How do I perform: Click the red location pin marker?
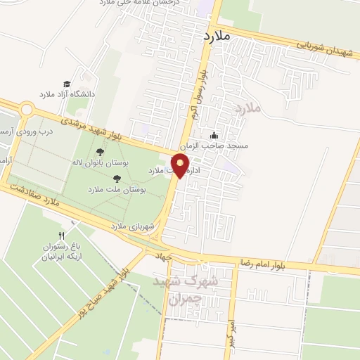coord(181,166)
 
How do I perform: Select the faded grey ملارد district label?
coord(248,108)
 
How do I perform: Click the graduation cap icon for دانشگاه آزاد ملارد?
coord(67,84)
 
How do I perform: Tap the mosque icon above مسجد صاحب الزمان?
coord(214,136)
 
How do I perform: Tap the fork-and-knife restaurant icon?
coord(62,236)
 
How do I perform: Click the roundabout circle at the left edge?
coord(27,109)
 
